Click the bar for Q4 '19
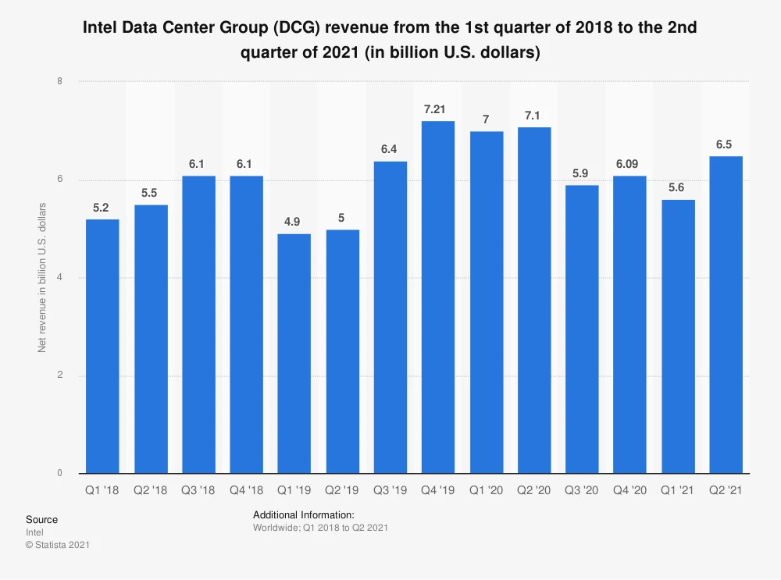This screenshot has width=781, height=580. coord(437,297)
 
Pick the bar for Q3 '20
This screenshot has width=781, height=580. coord(582,329)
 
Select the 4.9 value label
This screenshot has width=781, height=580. coord(294,221)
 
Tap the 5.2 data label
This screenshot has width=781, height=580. coord(102,207)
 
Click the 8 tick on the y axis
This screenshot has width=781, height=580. coord(60,81)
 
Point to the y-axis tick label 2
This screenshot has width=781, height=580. coord(60,375)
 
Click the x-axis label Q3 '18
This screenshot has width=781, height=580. coord(198,491)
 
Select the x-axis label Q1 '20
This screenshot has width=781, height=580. coord(486,491)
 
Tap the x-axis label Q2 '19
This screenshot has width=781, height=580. coord(341,491)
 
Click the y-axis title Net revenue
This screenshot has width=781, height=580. coord(42,277)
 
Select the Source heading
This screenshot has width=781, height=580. coord(41,519)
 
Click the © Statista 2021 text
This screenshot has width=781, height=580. coord(58,545)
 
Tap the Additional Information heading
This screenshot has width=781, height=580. coord(304,515)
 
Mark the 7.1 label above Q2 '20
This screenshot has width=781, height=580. coord(533,115)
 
